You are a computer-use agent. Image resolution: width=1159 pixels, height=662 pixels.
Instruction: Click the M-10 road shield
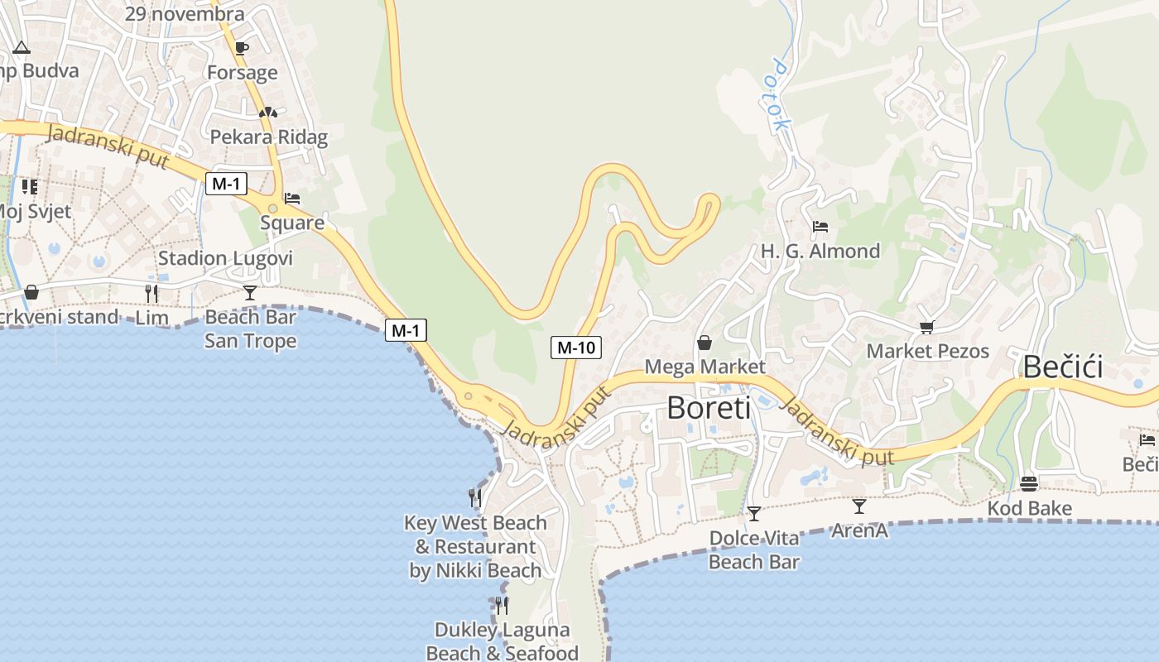(x=576, y=348)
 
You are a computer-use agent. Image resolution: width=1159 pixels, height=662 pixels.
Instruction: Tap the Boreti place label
(x=709, y=407)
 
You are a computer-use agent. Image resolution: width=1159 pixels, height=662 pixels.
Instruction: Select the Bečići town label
(x=1063, y=367)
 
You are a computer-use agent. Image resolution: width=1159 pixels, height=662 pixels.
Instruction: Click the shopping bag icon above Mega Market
(x=705, y=343)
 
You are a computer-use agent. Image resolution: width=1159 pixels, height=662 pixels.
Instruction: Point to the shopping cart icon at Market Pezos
(x=926, y=328)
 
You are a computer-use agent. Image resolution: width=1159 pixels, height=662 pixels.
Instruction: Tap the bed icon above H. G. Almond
(x=820, y=227)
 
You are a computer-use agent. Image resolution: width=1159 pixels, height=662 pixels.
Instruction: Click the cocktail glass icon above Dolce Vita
(x=754, y=514)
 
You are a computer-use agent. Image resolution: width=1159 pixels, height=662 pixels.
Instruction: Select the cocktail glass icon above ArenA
(x=859, y=506)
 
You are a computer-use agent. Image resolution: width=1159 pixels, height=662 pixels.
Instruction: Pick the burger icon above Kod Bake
(x=1029, y=484)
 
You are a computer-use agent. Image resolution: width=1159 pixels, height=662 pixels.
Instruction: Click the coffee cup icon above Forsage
(x=242, y=49)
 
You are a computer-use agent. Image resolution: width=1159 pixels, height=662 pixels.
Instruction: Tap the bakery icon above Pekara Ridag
(x=268, y=113)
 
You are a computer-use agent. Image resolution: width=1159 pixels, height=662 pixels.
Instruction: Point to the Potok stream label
(x=781, y=94)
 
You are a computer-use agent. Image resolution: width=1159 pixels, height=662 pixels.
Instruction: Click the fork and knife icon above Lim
(x=151, y=293)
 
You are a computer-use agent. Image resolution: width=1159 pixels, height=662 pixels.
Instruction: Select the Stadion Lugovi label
(x=225, y=258)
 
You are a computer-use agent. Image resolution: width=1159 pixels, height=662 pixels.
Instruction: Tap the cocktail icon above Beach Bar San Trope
(x=250, y=293)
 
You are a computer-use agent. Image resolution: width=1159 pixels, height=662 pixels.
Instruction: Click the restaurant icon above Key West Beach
(x=475, y=497)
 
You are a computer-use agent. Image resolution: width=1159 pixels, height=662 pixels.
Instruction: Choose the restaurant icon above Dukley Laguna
(x=502, y=606)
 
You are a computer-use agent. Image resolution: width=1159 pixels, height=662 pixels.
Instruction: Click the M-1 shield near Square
(x=226, y=184)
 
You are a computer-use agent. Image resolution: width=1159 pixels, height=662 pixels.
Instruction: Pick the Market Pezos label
(x=927, y=351)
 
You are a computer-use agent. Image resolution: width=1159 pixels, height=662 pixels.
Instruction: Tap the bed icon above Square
(x=292, y=199)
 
